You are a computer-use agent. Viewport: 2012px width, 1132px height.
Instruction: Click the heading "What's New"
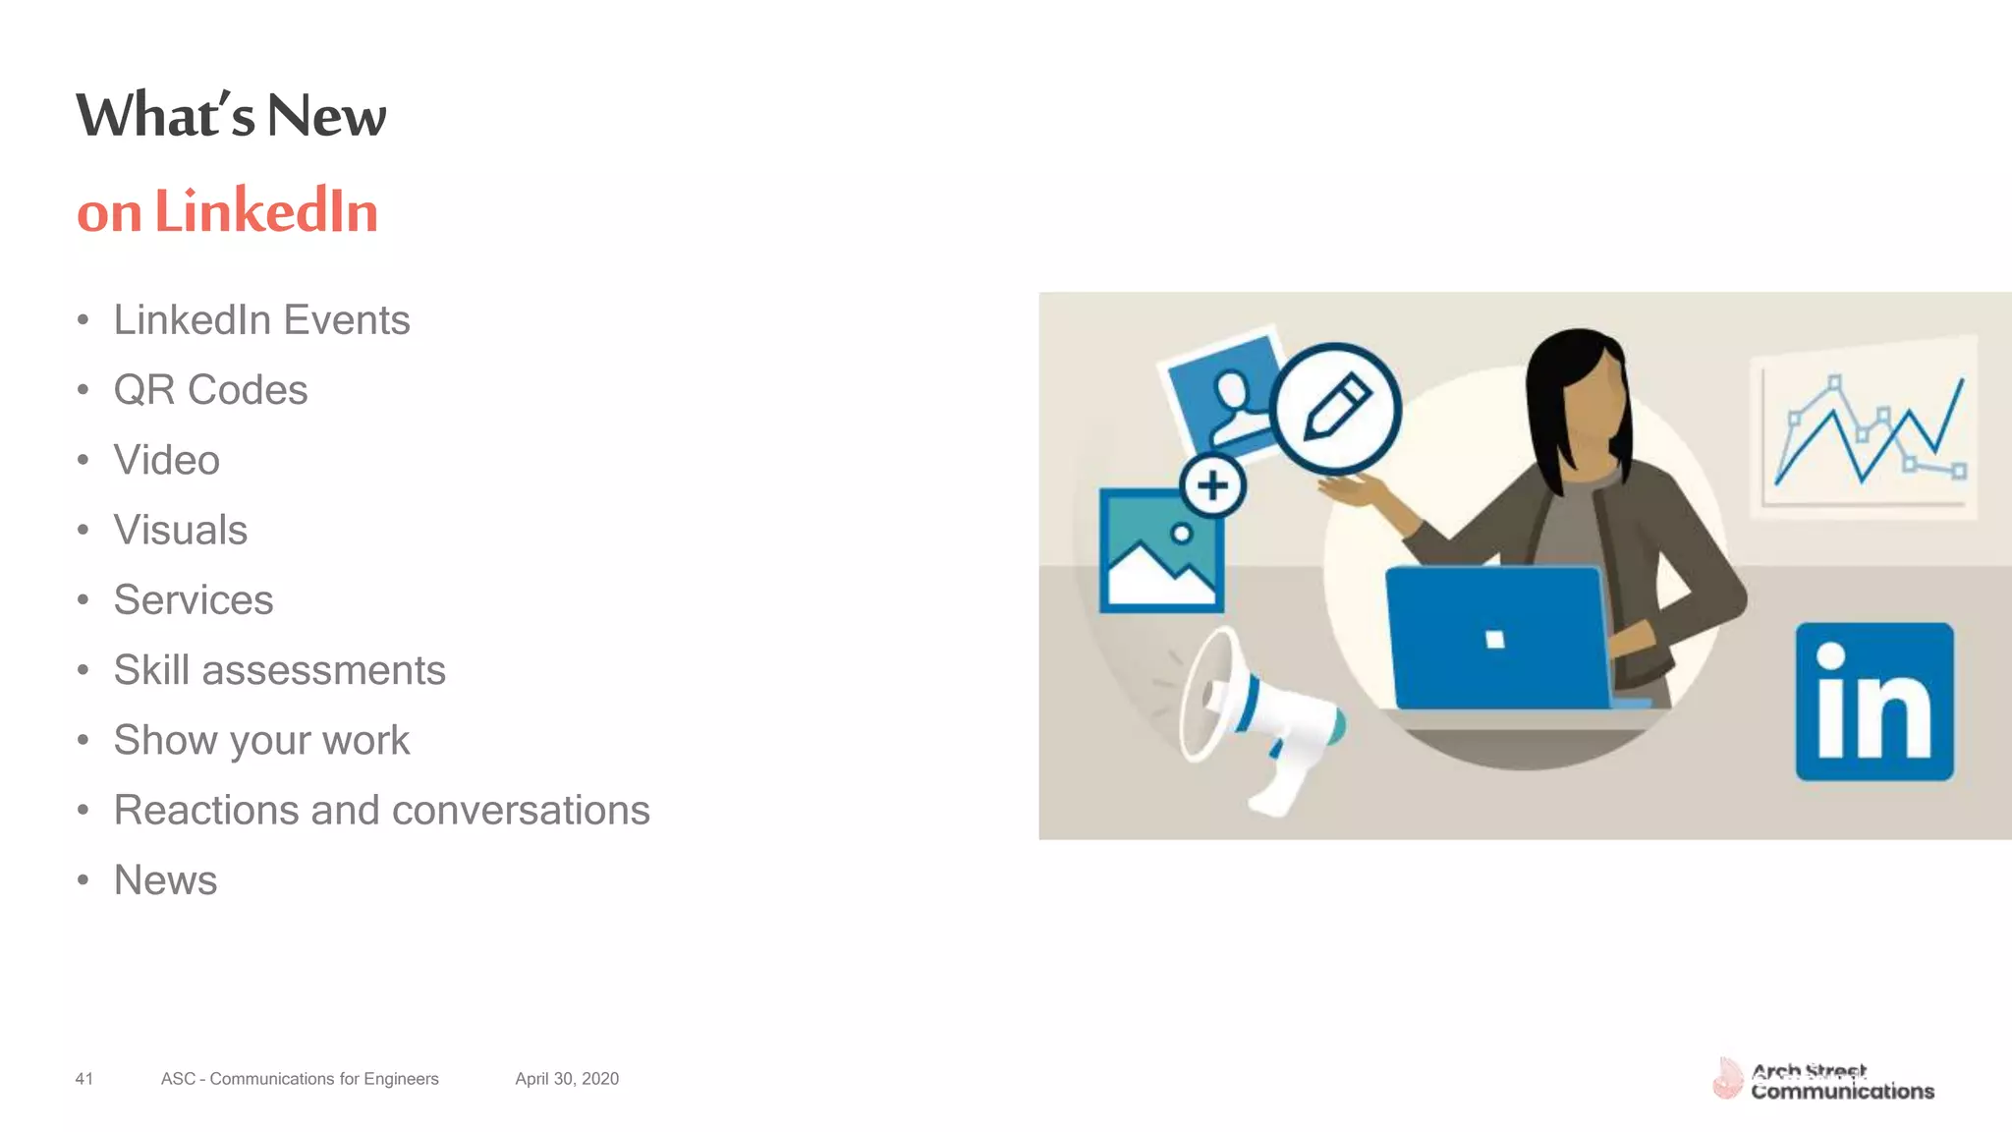tap(231, 115)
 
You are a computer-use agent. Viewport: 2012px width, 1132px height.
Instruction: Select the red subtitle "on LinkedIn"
tap(227, 211)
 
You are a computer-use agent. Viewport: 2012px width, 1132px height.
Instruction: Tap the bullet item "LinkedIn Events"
tap(261, 320)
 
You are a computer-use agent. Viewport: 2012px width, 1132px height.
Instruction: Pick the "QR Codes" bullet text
tap(210, 390)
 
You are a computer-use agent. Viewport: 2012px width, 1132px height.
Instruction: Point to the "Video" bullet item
tap(166, 460)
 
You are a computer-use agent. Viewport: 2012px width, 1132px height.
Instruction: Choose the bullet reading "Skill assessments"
tap(279, 670)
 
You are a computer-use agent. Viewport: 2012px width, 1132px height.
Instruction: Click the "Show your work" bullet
tap(261, 740)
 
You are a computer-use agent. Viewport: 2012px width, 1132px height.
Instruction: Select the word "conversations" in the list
tap(521, 811)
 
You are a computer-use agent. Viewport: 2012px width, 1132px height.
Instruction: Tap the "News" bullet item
tap(165, 880)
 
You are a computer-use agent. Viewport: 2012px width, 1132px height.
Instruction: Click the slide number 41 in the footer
tap(84, 1079)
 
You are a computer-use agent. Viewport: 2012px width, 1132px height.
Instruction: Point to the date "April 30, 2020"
tap(567, 1079)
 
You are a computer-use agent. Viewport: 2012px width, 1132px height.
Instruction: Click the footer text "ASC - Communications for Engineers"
tap(300, 1079)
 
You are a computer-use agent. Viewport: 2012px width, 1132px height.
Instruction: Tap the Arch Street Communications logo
tap(1823, 1081)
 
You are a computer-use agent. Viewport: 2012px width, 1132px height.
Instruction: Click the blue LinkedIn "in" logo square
tap(1874, 702)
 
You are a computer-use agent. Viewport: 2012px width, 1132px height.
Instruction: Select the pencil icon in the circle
tap(1336, 408)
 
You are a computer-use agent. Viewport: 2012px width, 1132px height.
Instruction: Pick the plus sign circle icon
tap(1212, 485)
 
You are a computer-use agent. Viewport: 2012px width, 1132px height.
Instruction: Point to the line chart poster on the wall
tap(1864, 427)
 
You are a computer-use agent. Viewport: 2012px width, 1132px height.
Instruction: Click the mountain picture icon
tap(1161, 552)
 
